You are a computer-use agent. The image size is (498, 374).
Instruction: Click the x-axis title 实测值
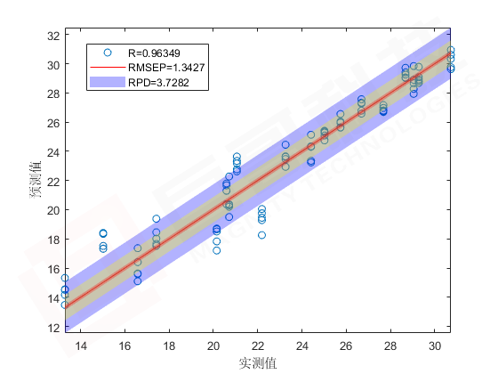coord(258,363)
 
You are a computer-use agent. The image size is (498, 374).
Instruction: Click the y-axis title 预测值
coord(36,180)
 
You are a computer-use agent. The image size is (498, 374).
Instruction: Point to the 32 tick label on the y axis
coord(53,36)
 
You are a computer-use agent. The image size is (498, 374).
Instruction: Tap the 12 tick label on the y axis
coord(53,328)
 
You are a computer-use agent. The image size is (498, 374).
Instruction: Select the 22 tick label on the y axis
coord(53,181)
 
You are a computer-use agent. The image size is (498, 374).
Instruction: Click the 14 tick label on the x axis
coord(81,346)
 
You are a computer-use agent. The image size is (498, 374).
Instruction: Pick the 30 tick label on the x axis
coord(435,346)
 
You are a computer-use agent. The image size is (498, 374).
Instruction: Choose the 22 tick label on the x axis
coord(258,346)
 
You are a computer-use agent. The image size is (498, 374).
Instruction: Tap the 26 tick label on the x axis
coord(346,346)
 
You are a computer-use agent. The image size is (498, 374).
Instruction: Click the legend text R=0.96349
coord(154,53)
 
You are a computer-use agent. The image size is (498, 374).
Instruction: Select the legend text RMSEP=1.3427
coord(166,68)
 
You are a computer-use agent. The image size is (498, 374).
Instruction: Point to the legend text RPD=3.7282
coord(158,82)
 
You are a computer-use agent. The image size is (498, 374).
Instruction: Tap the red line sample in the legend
coord(108,67)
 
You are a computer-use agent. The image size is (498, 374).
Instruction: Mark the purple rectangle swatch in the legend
coord(108,82)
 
